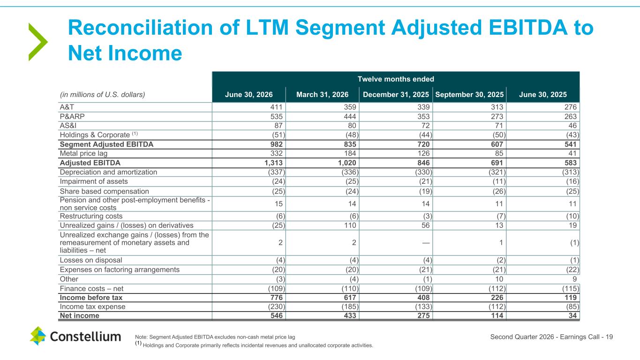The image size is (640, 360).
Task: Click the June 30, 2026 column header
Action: tap(248, 95)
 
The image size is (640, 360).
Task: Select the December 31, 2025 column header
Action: tap(396, 95)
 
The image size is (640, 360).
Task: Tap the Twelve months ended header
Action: tap(396, 79)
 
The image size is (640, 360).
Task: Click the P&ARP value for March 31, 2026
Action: tap(350, 117)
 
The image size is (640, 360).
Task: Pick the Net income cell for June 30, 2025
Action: tap(572, 315)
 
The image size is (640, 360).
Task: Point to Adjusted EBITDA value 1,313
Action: tap(273, 163)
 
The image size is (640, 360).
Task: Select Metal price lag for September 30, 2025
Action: tap(499, 153)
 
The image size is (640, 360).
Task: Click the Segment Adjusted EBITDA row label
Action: tap(106, 144)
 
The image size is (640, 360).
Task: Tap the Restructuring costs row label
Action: tap(91, 216)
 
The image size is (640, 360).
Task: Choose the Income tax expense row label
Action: tap(92, 307)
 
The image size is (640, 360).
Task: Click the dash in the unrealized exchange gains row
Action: tap(426, 243)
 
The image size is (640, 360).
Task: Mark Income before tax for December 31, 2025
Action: tap(423, 298)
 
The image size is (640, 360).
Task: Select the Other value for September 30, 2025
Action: tap(499, 279)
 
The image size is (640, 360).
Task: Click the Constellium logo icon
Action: tap(38, 336)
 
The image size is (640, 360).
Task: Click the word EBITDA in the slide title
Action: tap(528, 28)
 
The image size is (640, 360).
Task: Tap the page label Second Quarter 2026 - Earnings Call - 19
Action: tap(551, 337)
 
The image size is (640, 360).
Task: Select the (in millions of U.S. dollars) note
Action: tap(102, 95)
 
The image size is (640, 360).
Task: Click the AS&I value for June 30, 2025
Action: tap(572, 126)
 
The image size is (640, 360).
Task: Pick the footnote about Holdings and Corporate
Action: tap(254, 345)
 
